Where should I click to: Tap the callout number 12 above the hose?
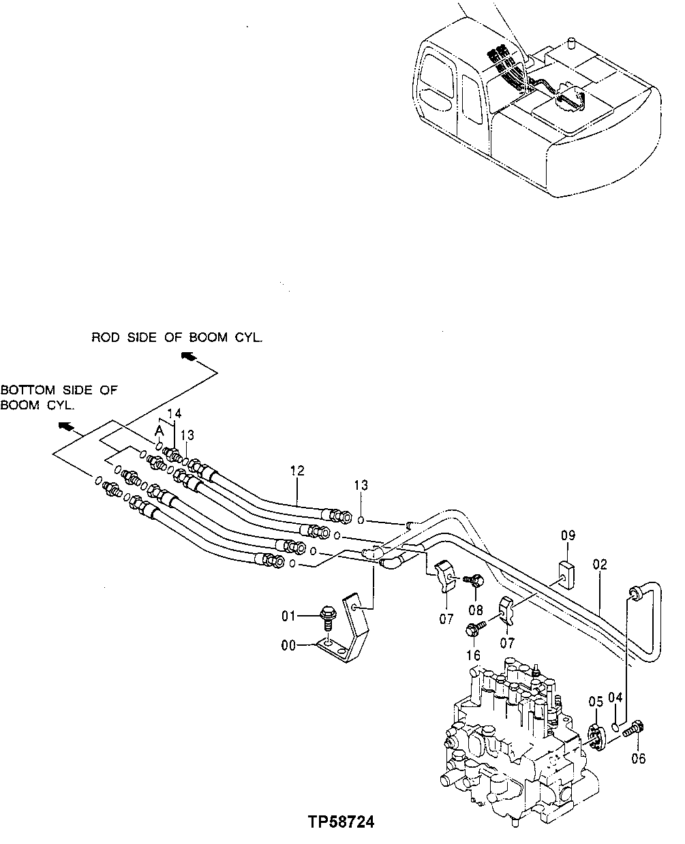point(296,471)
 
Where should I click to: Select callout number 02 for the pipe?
point(599,565)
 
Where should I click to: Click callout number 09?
point(568,536)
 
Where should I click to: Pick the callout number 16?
point(472,655)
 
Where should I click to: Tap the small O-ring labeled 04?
point(616,728)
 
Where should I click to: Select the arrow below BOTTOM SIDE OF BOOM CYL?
point(66,426)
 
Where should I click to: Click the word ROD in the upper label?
point(106,338)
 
